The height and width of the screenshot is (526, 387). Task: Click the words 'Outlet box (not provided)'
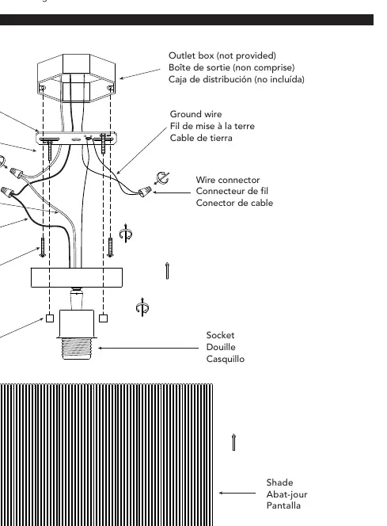click(x=222, y=55)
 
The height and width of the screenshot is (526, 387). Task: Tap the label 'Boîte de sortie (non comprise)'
click(x=232, y=67)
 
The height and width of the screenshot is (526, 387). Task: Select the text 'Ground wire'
click(x=195, y=114)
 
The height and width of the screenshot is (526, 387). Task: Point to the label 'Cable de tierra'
click(x=201, y=138)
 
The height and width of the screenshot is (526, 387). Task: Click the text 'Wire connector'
click(x=228, y=180)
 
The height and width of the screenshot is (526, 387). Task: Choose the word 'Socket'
click(x=220, y=335)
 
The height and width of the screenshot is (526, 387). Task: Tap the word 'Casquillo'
click(x=226, y=359)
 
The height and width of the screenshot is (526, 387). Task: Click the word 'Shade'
click(x=279, y=482)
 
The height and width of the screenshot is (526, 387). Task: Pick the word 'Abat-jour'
click(x=286, y=494)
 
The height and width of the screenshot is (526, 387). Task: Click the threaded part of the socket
click(x=77, y=349)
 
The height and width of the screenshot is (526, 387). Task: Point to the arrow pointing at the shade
click(x=237, y=493)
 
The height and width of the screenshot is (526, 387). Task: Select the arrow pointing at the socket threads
click(x=149, y=348)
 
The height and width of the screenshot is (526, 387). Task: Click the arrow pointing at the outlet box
click(x=140, y=74)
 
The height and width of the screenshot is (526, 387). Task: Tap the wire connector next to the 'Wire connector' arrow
click(x=145, y=192)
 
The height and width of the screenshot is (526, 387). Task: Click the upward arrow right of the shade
click(x=234, y=442)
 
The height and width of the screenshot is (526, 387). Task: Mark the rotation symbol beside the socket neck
click(x=142, y=307)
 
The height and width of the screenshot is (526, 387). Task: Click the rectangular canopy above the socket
click(x=77, y=277)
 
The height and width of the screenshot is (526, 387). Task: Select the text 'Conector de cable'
click(x=234, y=203)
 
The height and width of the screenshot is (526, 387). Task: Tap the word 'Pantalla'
click(x=283, y=505)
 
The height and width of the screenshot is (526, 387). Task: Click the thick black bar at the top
click(x=187, y=20)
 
